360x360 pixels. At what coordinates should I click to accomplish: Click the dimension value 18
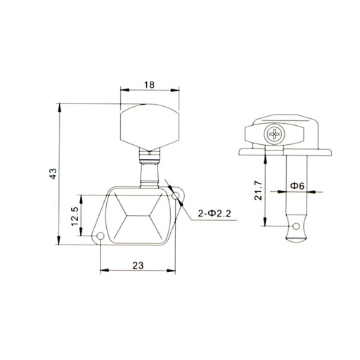(x=149, y=84)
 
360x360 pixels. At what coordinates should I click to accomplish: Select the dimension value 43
(x=53, y=174)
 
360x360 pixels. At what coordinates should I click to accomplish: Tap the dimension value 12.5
(x=75, y=217)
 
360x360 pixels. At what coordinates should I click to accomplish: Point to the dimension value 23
(x=138, y=266)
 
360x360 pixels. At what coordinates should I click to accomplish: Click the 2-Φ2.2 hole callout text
(x=214, y=214)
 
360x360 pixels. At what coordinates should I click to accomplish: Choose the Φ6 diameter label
(x=297, y=186)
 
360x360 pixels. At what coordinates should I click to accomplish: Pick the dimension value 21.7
(x=258, y=191)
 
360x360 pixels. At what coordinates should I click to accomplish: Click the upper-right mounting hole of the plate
(x=176, y=195)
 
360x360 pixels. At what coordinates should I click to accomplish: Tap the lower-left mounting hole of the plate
(x=101, y=236)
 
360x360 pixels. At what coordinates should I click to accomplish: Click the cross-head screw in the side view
(x=274, y=134)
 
